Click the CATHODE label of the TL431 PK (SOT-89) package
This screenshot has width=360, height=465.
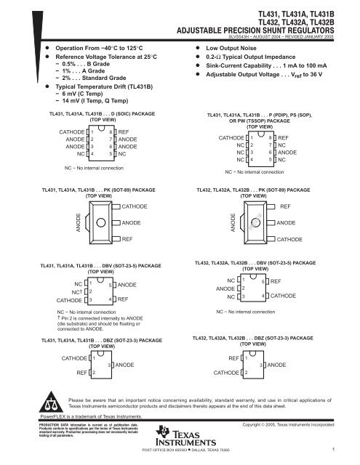[x=137, y=207]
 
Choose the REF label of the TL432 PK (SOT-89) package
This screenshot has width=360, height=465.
[x=285, y=207]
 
